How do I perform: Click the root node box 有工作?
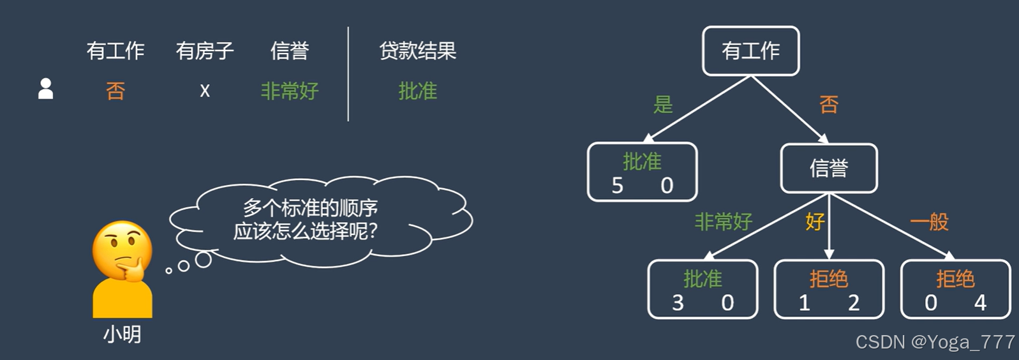[750, 51]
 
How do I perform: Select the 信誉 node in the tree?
[828, 169]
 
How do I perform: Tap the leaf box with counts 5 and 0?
[642, 172]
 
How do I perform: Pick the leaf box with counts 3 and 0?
[703, 290]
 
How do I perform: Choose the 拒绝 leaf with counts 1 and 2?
[828, 290]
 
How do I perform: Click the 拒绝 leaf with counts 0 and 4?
[955, 290]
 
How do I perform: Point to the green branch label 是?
[663, 104]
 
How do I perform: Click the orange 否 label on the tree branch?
[828, 104]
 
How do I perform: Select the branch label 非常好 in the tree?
[723, 222]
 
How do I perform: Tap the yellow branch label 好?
[815, 222]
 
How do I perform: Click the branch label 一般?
[929, 222]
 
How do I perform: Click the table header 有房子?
[205, 51]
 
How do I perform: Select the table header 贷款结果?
[417, 51]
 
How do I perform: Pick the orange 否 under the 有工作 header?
[115, 91]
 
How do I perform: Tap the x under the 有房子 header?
[205, 91]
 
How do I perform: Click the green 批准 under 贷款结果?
[417, 91]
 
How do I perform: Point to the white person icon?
[45, 89]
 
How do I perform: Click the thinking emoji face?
[123, 251]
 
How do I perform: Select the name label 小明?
[123, 334]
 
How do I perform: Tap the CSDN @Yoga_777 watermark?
[935, 343]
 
